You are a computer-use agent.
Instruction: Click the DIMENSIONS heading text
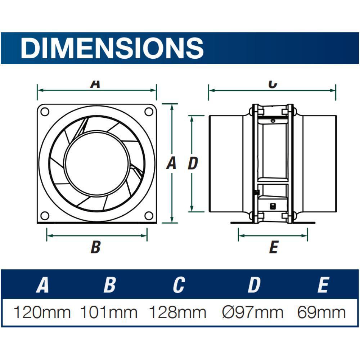click(x=112, y=48)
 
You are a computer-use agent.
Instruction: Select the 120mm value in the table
click(x=42, y=312)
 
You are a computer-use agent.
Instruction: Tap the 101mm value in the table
click(x=108, y=312)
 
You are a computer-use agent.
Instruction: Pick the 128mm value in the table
click(x=178, y=312)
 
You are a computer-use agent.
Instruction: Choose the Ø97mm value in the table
click(x=252, y=312)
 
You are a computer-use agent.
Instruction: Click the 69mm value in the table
click(x=322, y=312)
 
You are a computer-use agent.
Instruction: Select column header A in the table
click(x=42, y=285)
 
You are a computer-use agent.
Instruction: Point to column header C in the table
click(x=178, y=285)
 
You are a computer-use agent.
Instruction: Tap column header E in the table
click(x=323, y=285)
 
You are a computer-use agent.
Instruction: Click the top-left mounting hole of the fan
click(x=45, y=112)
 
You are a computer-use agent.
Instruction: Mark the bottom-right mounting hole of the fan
click(x=149, y=216)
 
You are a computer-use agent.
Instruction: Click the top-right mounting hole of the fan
click(x=149, y=112)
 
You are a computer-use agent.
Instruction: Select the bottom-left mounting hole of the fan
click(x=45, y=216)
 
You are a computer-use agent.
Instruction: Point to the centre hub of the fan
click(x=97, y=163)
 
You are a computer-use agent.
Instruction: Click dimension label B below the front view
click(x=95, y=247)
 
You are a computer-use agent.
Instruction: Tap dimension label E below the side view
click(x=274, y=247)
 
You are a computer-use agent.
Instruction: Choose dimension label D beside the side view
click(x=193, y=164)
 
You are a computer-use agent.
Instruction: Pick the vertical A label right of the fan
click(x=171, y=164)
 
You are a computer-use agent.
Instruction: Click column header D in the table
click(x=254, y=285)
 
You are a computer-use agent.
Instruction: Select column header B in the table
click(x=109, y=285)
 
